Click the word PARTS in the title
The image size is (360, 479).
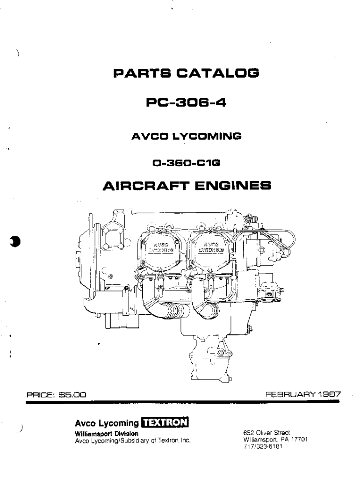coord(137,73)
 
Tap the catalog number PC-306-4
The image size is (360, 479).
coord(180,102)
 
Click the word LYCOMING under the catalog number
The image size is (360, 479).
coord(206,137)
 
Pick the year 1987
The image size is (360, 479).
coord(329,394)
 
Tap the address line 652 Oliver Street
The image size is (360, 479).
coord(267,433)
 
